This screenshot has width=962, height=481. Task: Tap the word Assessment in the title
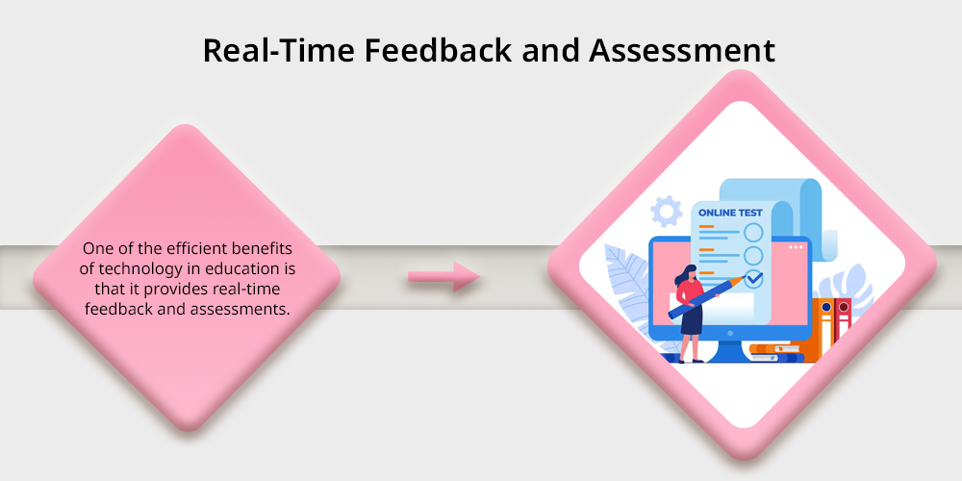pyautogui.click(x=682, y=50)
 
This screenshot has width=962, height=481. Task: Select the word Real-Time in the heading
pyautogui.click(x=279, y=50)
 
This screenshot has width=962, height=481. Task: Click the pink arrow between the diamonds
pyautogui.click(x=444, y=277)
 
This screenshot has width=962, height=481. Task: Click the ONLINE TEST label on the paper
pyautogui.click(x=731, y=213)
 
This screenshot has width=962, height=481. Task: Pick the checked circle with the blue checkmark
pyautogui.click(x=754, y=279)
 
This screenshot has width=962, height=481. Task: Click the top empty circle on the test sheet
pyautogui.click(x=753, y=233)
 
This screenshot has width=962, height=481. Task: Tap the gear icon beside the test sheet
pyautogui.click(x=667, y=211)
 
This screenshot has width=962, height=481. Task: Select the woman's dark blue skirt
pyautogui.click(x=692, y=320)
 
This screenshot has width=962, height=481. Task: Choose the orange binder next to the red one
pyautogui.click(x=824, y=330)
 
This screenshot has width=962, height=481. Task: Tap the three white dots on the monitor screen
pyautogui.click(x=796, y=247)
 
